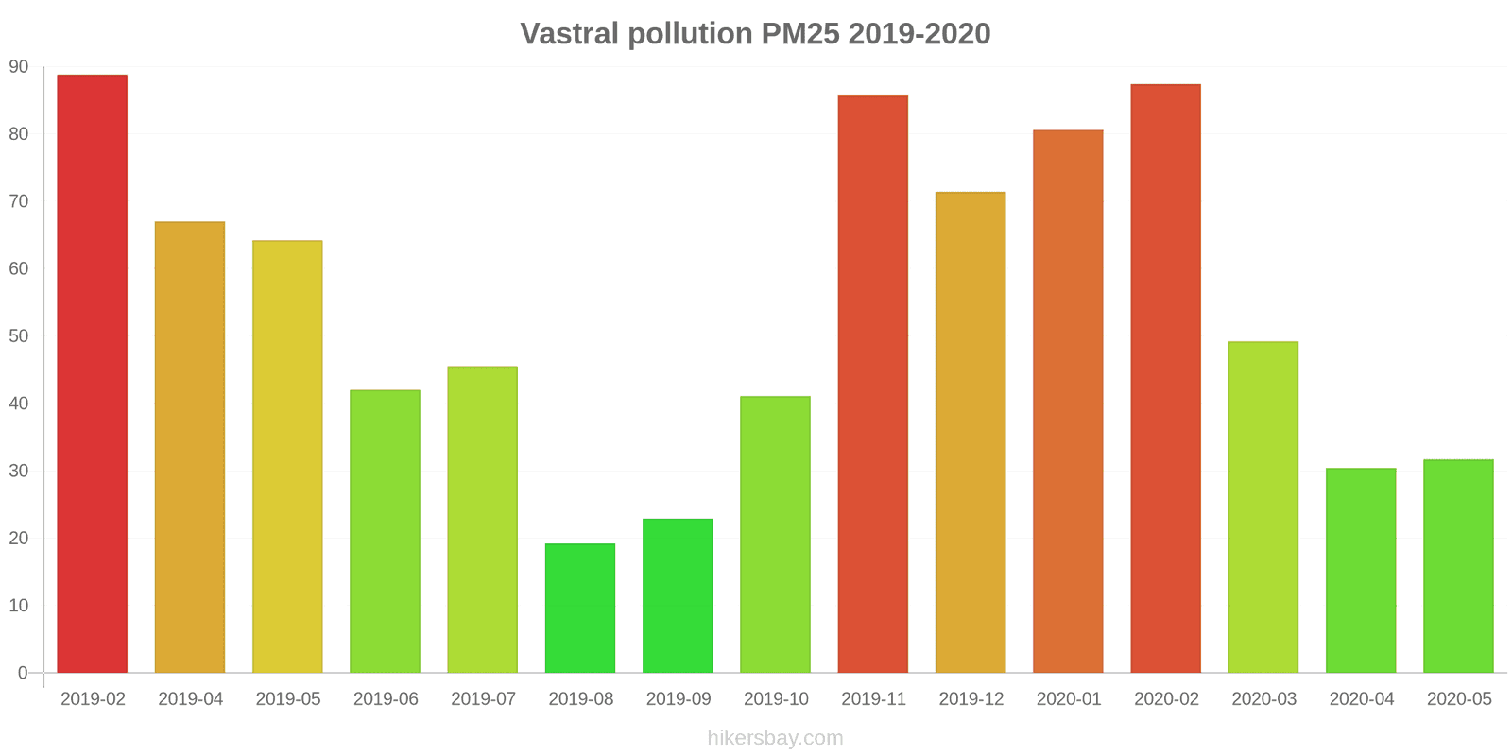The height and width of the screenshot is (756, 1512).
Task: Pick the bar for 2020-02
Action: [1166, 378]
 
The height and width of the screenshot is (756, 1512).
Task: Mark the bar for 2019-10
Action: [776, 534]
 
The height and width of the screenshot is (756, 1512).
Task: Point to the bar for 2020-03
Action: [1263, 507]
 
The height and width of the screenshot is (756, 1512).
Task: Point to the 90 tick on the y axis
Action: [19, 67]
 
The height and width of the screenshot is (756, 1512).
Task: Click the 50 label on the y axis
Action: [19, 336]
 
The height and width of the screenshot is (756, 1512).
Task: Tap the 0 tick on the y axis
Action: [23, 673]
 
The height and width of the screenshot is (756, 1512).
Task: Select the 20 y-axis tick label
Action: [19, 538]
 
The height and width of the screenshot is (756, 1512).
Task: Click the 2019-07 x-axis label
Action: [483, 699]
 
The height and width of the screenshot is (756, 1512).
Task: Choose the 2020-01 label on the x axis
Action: [1069, 699]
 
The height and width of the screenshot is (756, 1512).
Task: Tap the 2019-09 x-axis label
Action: [679, 699]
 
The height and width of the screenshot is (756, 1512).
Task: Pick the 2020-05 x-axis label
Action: [1459, 699]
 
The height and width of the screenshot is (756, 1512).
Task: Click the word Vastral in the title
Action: [570, 34]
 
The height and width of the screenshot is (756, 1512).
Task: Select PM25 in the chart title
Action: [799, 34]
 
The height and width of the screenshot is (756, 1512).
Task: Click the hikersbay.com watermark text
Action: [775, 738]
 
